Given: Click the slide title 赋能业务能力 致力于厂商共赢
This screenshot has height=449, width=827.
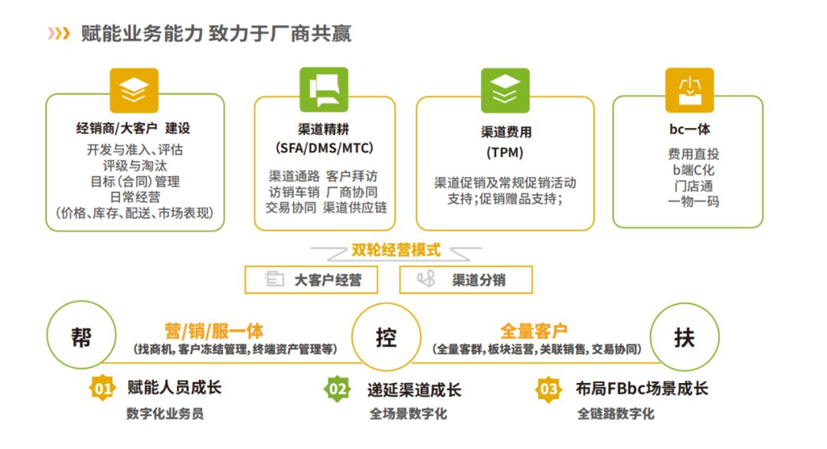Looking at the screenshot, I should [x=216, y=34].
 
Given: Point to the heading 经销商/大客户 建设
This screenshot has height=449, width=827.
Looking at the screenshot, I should [x=134, y=129].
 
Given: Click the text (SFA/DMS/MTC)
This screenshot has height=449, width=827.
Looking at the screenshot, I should [x=324, y=148].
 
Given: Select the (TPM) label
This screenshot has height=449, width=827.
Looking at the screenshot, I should [x=505, y=152].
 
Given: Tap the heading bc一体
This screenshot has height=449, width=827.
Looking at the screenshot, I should [x=688, y=129].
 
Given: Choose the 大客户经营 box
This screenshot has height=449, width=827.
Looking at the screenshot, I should [x=312, y=280].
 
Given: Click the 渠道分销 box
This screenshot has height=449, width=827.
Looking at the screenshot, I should [x=466, y=280].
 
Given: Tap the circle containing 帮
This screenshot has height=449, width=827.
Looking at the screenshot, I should [x=81, y=338].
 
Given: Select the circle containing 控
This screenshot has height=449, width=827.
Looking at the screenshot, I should [x=386, y=338].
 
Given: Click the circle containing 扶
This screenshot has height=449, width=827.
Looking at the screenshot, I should [x=684, y=338].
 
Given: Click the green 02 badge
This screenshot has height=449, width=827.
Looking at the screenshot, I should [x=338, y=389].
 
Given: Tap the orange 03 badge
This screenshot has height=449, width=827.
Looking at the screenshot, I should [x=548, y=389].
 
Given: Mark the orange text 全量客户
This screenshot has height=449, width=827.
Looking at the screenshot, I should [x=534, y=331].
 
